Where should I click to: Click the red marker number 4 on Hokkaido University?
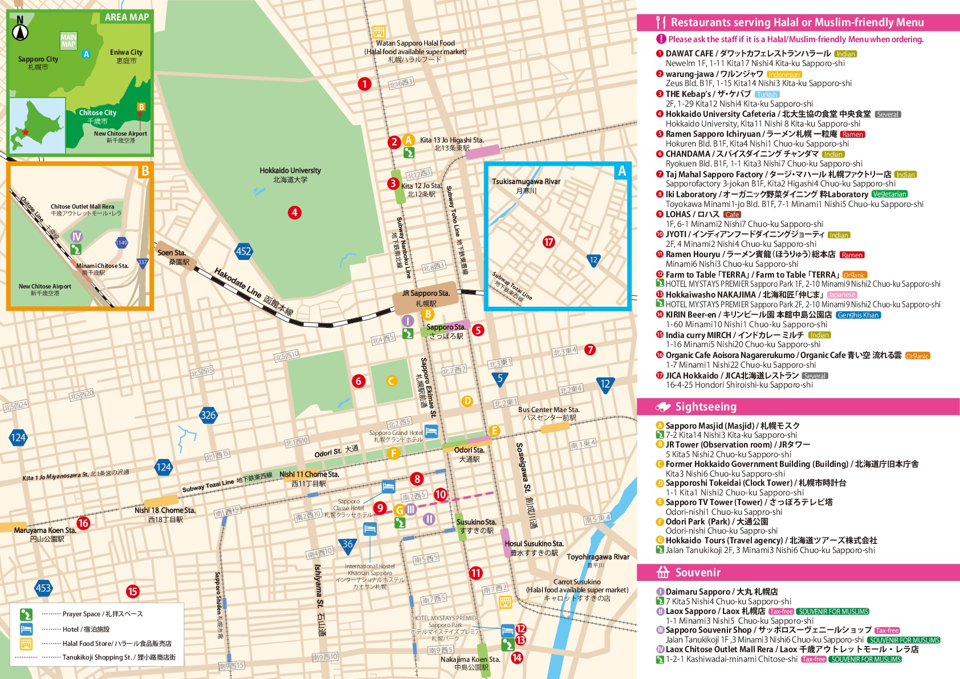coord(294,213)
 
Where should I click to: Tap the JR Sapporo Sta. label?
coord(425,294)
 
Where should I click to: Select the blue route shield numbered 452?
coord(243,251)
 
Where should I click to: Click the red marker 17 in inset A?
coord(548,242)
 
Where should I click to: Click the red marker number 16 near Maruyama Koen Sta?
coord(83,523)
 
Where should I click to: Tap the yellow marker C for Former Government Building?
coord(391,381)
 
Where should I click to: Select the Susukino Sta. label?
coord(476,522)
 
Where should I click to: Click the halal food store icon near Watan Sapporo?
coord(379,31)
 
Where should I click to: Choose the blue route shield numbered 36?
coord(348,545)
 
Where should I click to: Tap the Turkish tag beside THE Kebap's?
coord(767,94)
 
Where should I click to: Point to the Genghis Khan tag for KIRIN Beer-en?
coord(858,315)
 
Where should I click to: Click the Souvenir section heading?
coord(697,572)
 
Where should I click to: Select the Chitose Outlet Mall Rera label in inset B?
coord(82,206)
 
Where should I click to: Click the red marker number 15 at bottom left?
coord(132,591)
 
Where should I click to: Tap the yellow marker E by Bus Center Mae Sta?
coord(494,430)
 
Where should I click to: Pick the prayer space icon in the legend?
coord(26,614)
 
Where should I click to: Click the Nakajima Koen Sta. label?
coord(470,660)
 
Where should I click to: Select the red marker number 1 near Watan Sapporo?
coord(364,84)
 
